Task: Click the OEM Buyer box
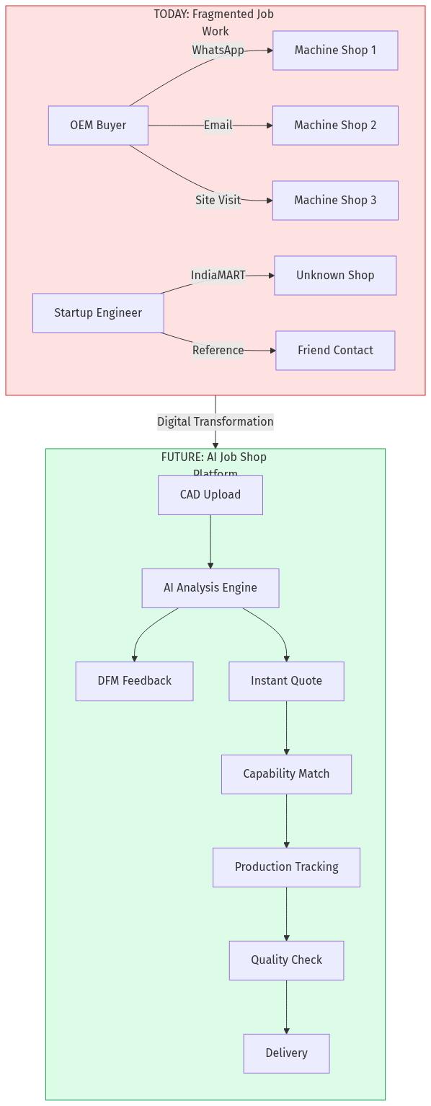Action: click(x=98, y=126)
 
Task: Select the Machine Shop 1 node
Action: click(x=335, y=51)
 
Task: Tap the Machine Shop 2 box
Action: click(x=335, y=126)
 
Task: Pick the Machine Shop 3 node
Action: click(x=335, y=201)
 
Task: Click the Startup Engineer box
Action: click(x=98, y=313)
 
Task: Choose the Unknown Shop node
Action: click(x=335, y=276)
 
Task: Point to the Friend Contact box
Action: click(x=335, y=351)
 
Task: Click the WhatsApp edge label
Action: click(x=218, y=51)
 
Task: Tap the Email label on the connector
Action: click(x=218, y=126)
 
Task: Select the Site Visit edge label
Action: click(x=218, y=201)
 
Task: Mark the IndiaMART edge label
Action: click(x=218, y=276)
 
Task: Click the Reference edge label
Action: click(x=218, y=351)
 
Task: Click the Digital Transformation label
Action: click(x=215, y=422)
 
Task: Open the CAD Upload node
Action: click(x=210, y=495)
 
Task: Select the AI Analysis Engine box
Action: click(x=210, y=588)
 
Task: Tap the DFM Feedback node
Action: click(x=135, y=681)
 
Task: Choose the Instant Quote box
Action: click(x=286, y=681)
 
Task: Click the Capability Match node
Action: click(x=286, y=774)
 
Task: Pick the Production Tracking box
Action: click(x=286, y=867)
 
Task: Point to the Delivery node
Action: click(x=286, y=1053)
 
